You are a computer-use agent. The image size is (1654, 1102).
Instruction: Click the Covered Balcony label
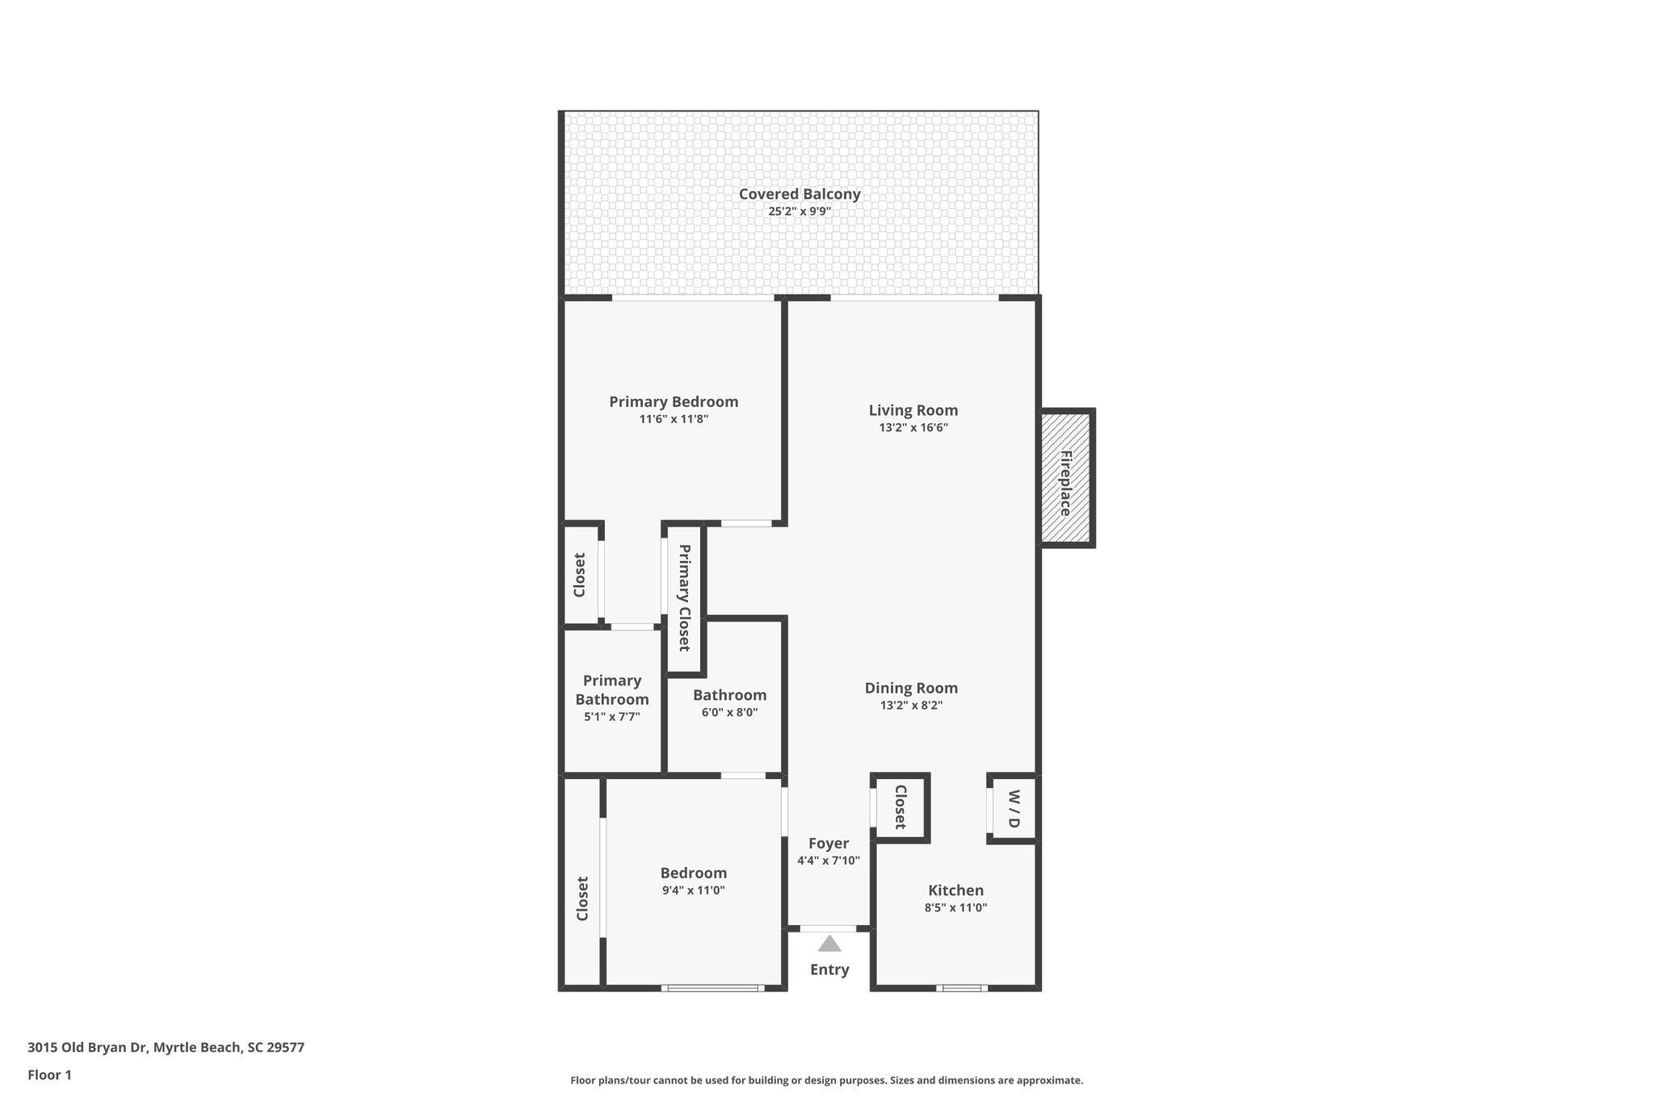[799, 194]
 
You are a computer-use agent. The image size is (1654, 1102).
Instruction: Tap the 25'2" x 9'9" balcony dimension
[799, 212]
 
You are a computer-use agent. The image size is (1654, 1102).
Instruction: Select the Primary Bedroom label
[673, 401]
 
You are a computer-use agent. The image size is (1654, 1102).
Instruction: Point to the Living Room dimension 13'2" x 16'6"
[913, 427]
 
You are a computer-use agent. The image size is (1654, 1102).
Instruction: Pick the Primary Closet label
[684, 597]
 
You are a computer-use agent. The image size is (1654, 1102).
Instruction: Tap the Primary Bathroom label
[611, 689]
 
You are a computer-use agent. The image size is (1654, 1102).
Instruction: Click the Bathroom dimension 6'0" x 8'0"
[729, 712]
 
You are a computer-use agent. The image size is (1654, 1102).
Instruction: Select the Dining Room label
[910, 688]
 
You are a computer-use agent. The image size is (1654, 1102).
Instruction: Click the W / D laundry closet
[1014, 809]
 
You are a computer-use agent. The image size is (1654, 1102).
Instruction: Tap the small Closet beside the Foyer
[900, 807]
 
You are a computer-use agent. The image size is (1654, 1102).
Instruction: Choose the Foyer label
[828, 843]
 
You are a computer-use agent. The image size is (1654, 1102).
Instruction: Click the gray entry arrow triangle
[829, 944]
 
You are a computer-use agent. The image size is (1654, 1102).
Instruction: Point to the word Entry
[829, 970]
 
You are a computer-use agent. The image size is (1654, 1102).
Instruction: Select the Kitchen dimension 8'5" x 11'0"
[955, 907]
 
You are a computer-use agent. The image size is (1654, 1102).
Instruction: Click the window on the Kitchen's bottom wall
[961, 987]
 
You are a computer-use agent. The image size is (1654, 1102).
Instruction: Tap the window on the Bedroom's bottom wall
[713, 987]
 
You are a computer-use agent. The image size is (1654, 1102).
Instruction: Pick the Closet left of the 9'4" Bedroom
[582, 898]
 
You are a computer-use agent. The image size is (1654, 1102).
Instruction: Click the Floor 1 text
[49, 1075]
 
